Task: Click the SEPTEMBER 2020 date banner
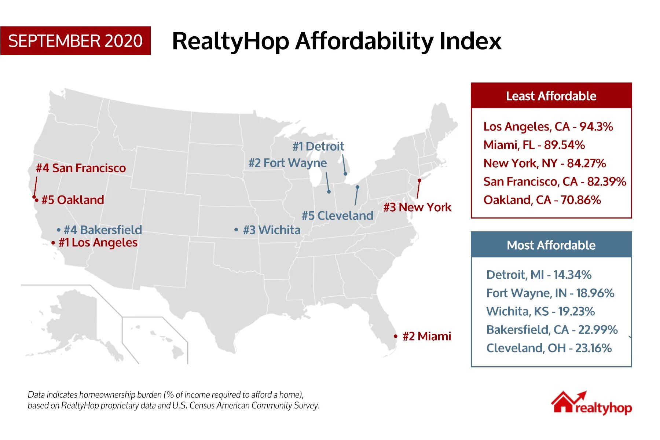tap(75, 41)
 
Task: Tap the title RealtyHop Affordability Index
tap(337, 41)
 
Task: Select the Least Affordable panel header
tap(551, 96)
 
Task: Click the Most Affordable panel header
tap(551, 245)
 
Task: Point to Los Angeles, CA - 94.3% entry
tap(548, 126)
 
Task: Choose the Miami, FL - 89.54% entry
tap(534, 145)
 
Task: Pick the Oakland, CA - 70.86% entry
tap(542, 200)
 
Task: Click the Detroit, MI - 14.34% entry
tap(539, 275)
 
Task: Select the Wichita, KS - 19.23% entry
tap(540, 311)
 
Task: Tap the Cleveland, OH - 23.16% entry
tap(549, 348)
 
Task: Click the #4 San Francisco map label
tap(81, 168)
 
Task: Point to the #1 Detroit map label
tap(318, 146)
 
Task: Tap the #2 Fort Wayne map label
tap(287, 163)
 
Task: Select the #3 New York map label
tap(417, 207)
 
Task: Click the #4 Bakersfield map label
tap(103, 230)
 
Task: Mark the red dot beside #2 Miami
tap(396, 336)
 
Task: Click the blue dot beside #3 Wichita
tap(236, 230)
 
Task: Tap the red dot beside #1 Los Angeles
tap(54, 243)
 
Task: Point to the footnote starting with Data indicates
tap(173, 400)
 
